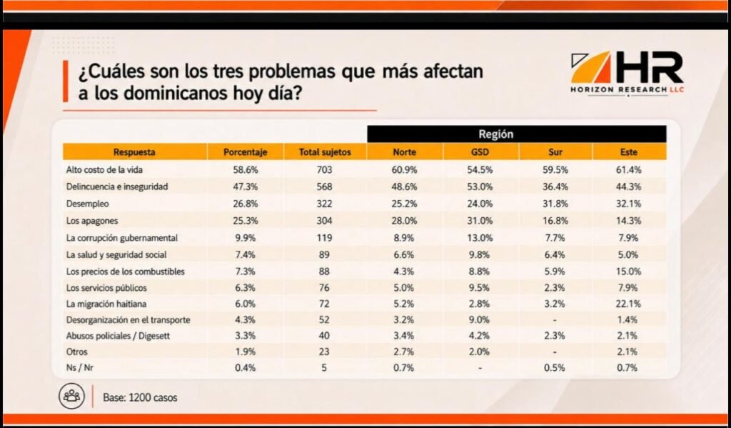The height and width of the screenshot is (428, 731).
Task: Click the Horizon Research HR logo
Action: pos(627,73)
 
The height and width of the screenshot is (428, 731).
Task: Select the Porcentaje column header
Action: pos(246,152)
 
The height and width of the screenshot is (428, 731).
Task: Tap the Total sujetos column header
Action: pos(325,152)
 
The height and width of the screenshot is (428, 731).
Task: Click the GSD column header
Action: pos(480,152)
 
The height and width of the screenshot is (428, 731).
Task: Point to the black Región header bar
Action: pos(517,134)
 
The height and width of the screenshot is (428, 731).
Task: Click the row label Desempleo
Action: pos(88,204)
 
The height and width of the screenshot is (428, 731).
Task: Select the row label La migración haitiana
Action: pos(106,304)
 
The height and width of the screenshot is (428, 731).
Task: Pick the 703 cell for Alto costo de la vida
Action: pos(325,170)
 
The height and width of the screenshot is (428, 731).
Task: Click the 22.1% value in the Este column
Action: pos(628,304)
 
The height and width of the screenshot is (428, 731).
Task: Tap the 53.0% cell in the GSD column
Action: pos(480,186)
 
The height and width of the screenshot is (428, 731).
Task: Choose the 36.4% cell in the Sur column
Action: pos(555,186)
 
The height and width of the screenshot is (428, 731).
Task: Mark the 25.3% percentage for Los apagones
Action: pos(246,221)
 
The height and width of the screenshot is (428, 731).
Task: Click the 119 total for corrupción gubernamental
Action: pos(325,238)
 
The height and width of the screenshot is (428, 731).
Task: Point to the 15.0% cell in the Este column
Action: pos(628,272)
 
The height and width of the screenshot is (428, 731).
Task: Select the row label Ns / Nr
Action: pos(80,368)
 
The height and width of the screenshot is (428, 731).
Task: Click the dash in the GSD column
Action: pos(480,368)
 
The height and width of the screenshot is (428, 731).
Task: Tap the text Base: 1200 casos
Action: pos(140,398)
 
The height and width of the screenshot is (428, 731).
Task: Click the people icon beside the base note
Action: pos(72,397)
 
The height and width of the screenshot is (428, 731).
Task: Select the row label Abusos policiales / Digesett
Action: pos(118,336)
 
